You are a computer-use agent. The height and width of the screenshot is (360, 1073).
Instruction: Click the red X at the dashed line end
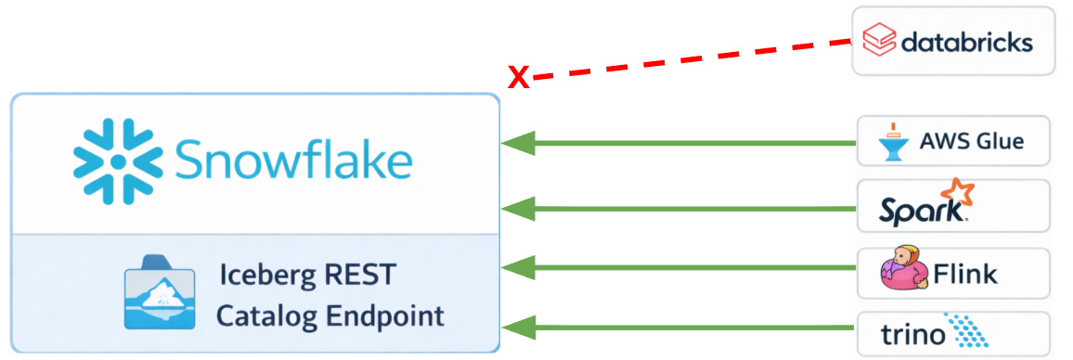(x=519, y=78)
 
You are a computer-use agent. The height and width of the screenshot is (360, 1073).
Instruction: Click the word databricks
(x=965, y=42)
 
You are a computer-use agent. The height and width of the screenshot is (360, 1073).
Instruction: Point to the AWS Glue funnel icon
(x=894, y=141)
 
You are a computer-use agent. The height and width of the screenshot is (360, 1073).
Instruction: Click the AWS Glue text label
(x=971, y=142)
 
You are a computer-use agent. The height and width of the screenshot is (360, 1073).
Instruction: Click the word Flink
(x=964, y=274)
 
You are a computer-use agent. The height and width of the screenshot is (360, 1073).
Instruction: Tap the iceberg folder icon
(x=160, y=296)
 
